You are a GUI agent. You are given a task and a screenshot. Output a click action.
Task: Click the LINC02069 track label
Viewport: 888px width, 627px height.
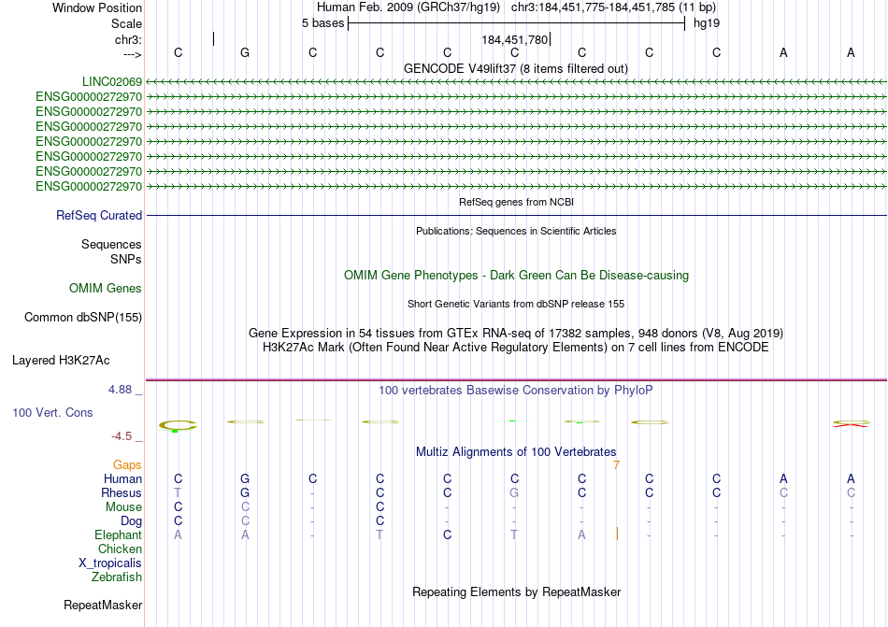pyautogui.click(x=110, y=82)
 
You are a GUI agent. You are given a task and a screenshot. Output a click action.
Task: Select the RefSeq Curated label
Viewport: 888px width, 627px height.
pyautogui.click(x=99, y=216)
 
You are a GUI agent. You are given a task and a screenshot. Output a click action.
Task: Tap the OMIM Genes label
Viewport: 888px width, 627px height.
pyautogui.click(x=106, y=289)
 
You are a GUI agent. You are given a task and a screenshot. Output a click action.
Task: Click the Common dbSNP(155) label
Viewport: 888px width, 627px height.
pyautogui.click(x=83, y=318)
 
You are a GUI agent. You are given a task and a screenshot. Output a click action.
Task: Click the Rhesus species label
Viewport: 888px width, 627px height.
pyautogui.click(x=122, y=493)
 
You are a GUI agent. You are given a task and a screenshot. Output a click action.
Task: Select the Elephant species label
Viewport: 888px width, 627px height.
pyautogui.click(x=118, y=535)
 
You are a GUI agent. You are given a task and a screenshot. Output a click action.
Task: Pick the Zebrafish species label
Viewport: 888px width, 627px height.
pyautogui.click(x=117, y=577)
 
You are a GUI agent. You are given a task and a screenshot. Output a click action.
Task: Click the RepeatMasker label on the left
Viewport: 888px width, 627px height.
pyautogui.click(x=103, y=606)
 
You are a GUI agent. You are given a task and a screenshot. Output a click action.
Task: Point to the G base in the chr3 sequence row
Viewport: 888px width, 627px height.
pyautogui.click(x=245, y=53)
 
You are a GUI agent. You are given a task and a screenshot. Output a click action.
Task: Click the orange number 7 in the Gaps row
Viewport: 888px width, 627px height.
pyautogui.click(x=616, y=464)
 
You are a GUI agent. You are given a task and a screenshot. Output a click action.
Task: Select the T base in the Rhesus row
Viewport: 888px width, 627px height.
pyautogui.click(x=178, y=493)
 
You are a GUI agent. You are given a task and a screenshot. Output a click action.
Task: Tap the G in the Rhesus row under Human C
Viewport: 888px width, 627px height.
pyautogui.click(x=514, y=493)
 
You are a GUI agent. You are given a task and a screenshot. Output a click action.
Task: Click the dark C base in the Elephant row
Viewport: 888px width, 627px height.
pyautogui.click(x=448, y=535)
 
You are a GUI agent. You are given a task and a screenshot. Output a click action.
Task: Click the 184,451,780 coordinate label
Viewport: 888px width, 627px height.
pyautogui.click(x=514, y=40)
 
